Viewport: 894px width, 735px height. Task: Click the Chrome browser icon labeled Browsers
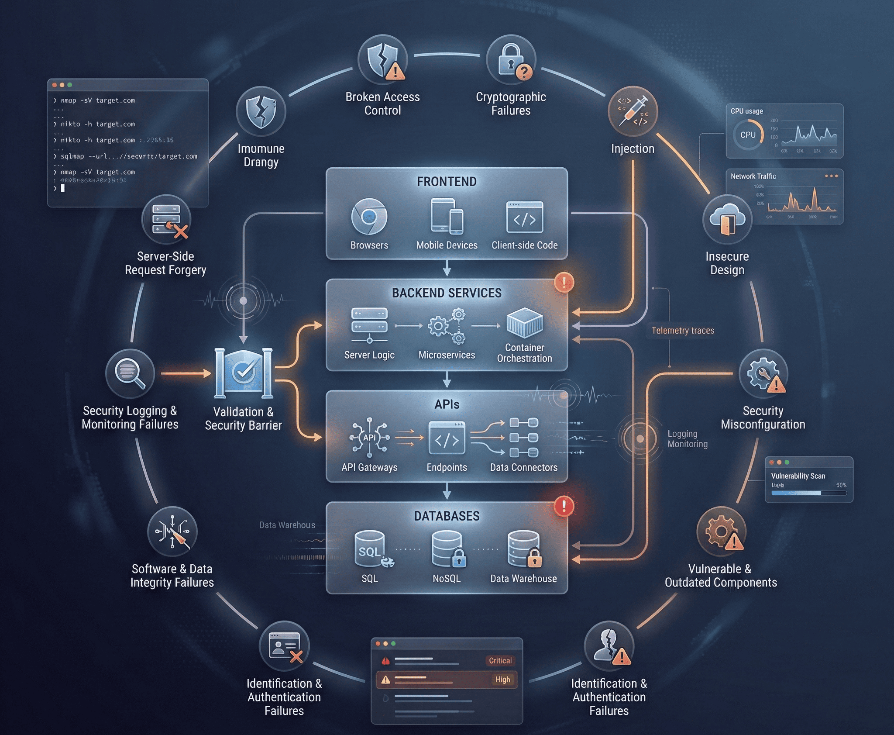coord(369,217)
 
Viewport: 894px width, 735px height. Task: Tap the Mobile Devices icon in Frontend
coord(447,216)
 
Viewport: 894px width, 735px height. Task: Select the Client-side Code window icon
coord(524,217)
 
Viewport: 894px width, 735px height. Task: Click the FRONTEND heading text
coord(447,182)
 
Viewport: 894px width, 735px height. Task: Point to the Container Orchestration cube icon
coord(524,323)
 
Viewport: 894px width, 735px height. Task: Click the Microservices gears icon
coord(447,326)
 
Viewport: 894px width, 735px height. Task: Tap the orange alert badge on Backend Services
coord(564,282)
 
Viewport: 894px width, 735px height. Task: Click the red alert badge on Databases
coord(564,506)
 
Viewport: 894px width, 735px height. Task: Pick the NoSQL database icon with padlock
coord(447,549)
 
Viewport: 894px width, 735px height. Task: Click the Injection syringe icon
coord(633,112)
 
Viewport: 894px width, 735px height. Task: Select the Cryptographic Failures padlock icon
coord(511,60)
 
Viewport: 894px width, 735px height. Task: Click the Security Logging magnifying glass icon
coord(130,373)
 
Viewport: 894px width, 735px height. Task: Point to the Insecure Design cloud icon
coord(727,219)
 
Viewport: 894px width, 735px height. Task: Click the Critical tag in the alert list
coord(500,661)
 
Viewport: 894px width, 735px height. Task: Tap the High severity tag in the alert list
coord(502,680)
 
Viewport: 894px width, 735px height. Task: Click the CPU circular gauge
coord(747,135)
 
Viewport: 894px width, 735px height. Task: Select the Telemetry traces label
coord(683,331)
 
